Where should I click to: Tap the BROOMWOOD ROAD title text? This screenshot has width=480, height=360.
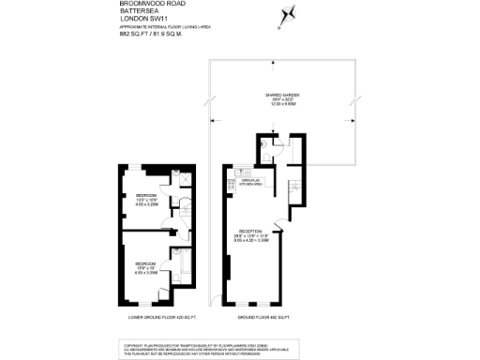[146, 5]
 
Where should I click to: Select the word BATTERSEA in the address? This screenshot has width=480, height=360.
[137, 13]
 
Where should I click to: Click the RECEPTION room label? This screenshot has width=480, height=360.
[250, 230]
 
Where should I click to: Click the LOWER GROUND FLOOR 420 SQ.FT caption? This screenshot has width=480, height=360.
[155, 318]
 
